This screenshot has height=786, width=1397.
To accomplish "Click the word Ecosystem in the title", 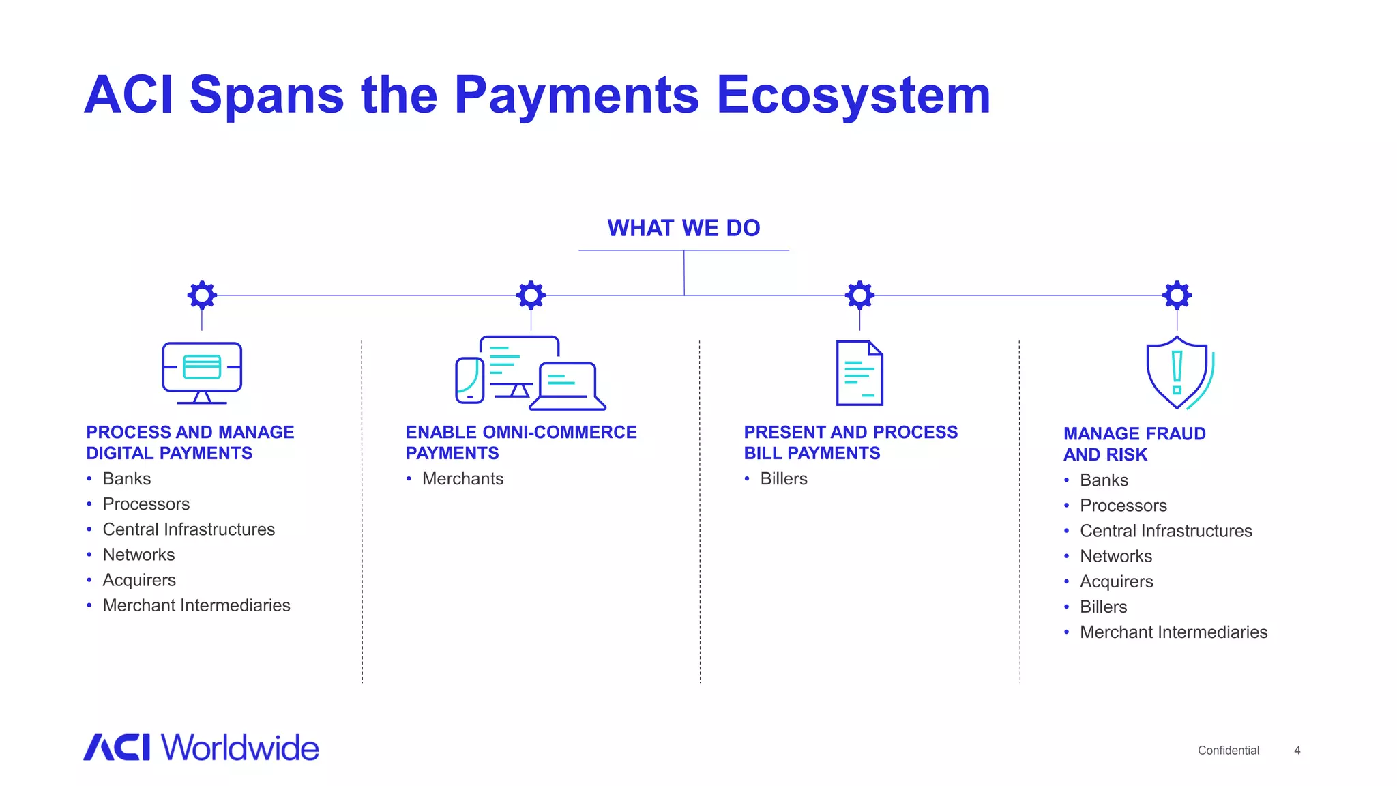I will tap(853, 96).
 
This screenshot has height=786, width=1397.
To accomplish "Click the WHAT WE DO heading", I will tap(683, 228).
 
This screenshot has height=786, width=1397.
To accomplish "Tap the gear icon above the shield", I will tap(1177, 295).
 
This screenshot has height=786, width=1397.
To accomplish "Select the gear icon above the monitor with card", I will tap(202, 295).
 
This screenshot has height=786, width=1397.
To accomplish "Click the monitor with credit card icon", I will tap(202, 372).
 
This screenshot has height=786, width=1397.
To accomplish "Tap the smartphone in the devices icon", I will tap(469, 380).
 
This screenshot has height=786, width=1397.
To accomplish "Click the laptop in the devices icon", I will tap(568, 387).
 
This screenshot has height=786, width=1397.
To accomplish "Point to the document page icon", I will tap(859, 373).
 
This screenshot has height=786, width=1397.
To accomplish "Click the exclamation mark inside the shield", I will tap(1177, 373).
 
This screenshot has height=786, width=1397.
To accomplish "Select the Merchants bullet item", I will tap(462, 479).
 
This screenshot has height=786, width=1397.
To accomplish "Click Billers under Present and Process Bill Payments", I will tap(784, 479).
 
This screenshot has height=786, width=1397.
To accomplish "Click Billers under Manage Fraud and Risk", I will tap(1103, 607).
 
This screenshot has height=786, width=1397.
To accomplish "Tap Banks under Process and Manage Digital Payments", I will tap(127, 479).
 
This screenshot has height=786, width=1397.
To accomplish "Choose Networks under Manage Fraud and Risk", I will tap(1116, 556).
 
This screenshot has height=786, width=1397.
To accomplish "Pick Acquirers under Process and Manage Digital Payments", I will tap(139, 580).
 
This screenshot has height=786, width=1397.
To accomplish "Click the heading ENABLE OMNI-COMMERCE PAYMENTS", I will tap(520, 443).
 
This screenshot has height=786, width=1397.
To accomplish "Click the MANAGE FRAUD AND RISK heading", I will tap(1134, 444).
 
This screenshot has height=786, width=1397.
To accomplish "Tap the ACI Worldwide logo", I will tap(201, 748).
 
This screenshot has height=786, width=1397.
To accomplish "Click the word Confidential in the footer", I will tap(1228, 751).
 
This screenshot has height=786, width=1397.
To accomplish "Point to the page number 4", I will tap(1297, 751).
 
